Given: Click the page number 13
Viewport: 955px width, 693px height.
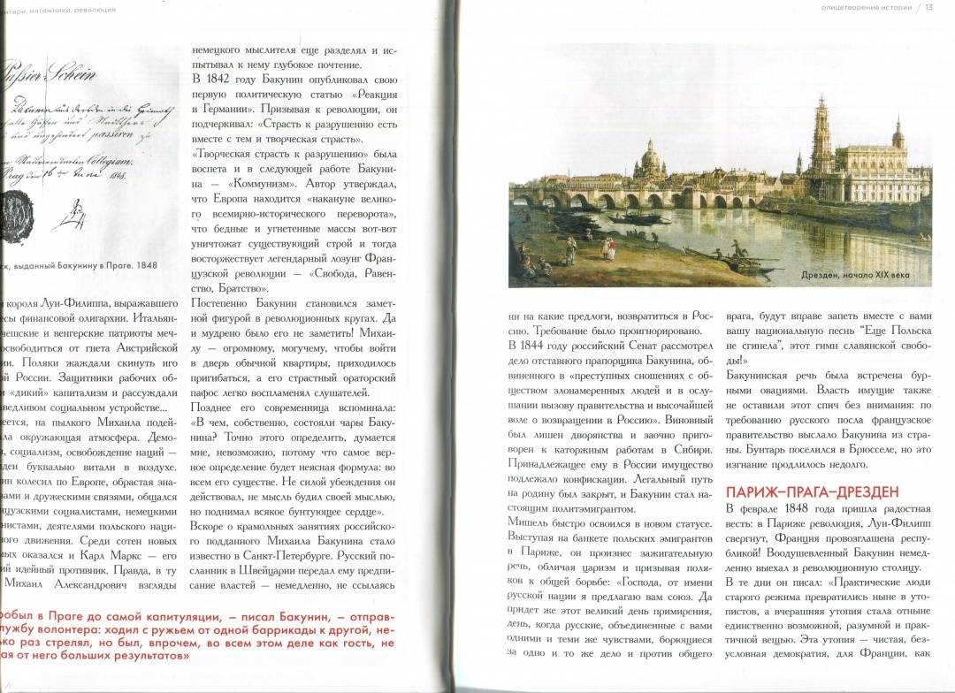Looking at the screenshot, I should click(x=929, y=8).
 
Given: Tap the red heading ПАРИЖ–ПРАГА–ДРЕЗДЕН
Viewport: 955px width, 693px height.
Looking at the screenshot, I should click(x=812, y=491).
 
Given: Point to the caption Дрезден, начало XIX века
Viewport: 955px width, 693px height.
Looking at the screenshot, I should click(x=863, y=276).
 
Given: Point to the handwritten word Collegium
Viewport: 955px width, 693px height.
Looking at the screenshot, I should click(x=107, y=160).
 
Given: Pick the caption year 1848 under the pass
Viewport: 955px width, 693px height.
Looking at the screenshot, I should click(x=147, y=264).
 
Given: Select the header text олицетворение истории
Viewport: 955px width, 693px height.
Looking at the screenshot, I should click(x=867, y=8).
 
